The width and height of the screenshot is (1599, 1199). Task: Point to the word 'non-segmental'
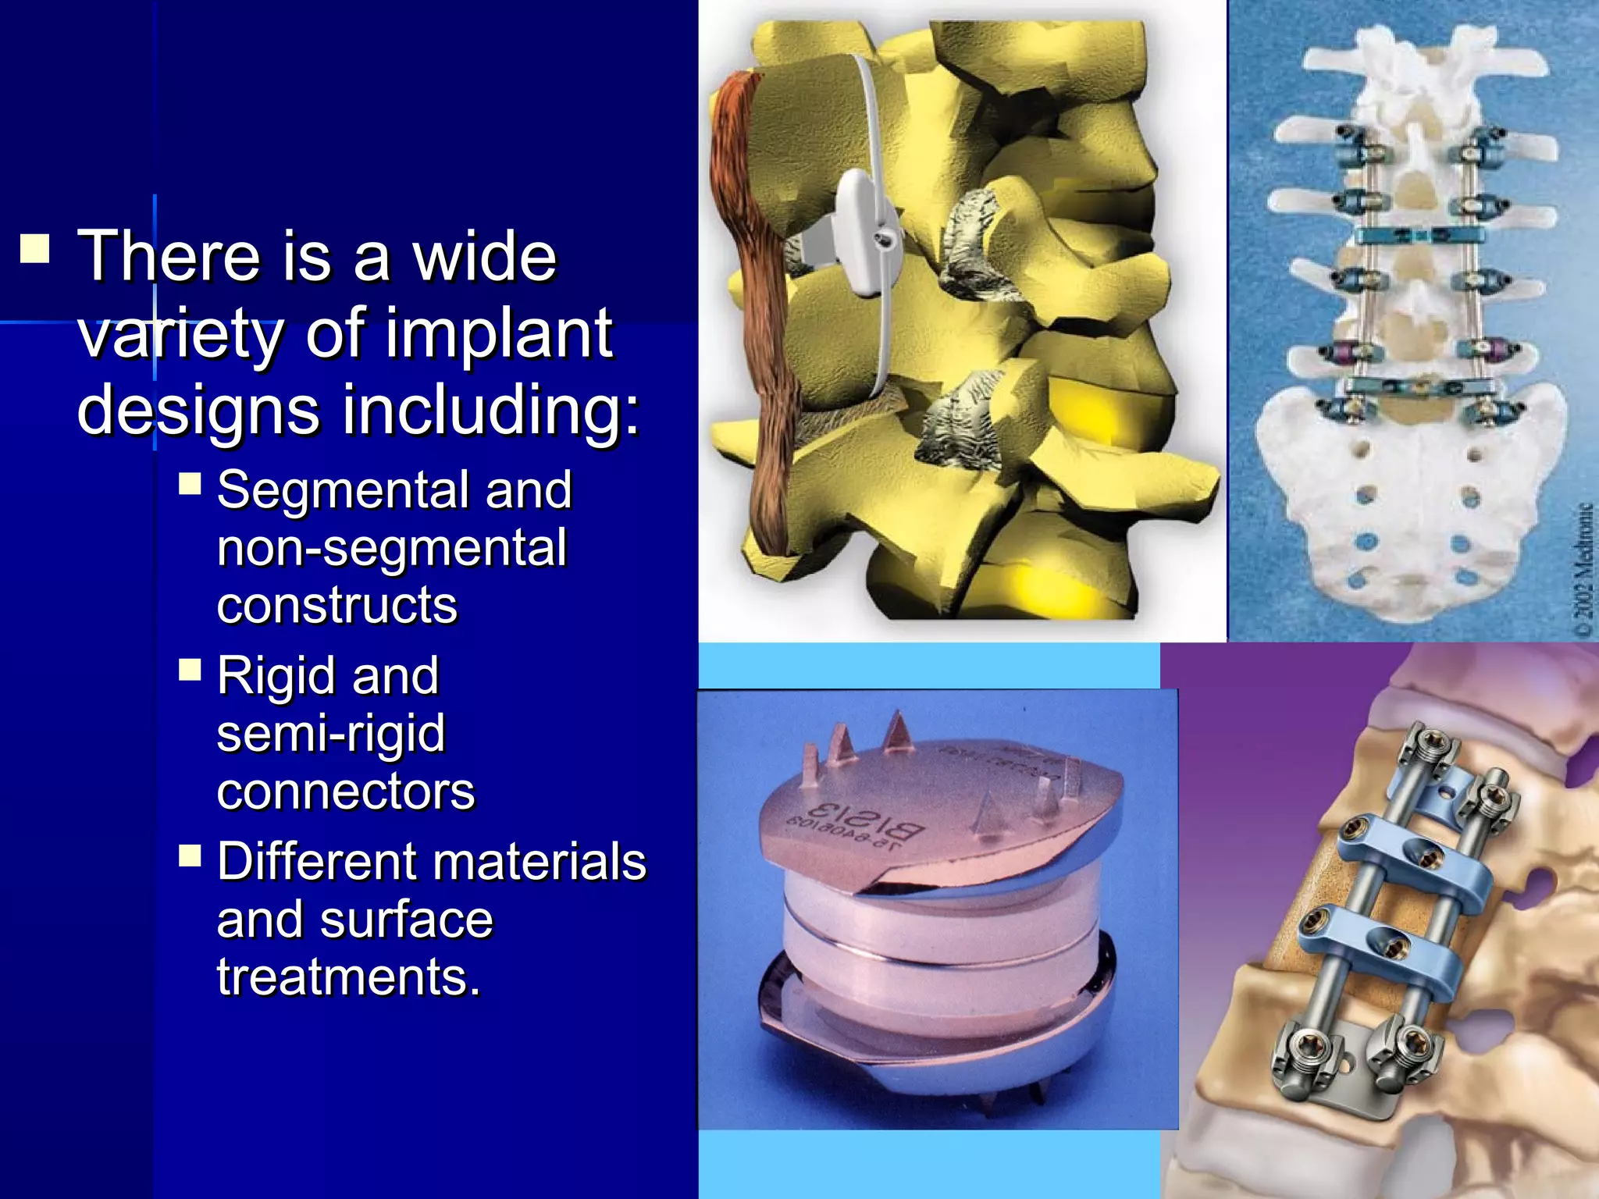click(392, 547)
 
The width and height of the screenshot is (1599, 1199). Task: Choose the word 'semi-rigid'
click(331, 734)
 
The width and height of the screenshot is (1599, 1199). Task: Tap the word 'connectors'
click(346, 792)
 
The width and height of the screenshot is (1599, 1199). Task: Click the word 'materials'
click(540, 862)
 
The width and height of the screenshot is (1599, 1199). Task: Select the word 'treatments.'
click(348, 977)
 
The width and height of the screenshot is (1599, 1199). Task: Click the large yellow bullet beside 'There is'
click(35, 247)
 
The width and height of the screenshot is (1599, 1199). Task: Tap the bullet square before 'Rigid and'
click(190, 671)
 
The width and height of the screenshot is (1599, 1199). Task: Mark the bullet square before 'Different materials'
click(190, 856)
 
